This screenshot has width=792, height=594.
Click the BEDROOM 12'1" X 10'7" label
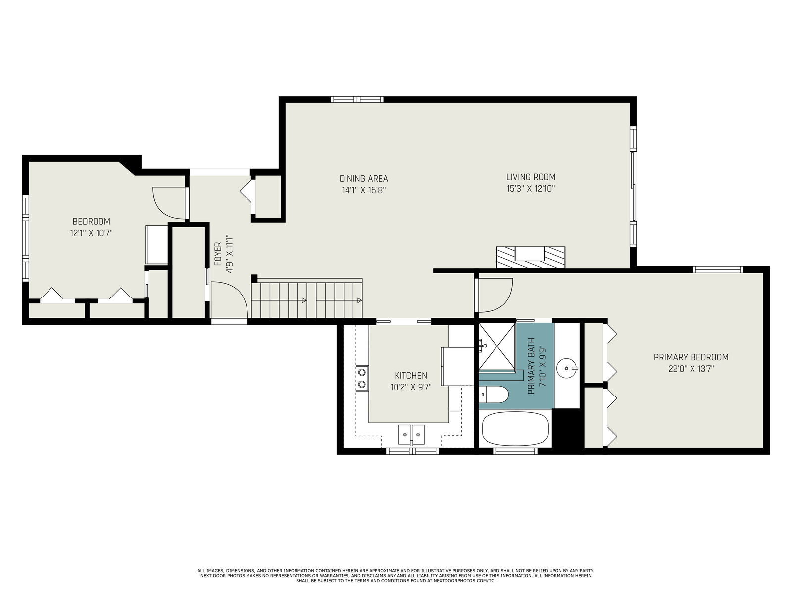(91, 227)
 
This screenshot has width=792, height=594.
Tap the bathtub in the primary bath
(515, 429)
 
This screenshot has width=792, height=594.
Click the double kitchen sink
(411, 434)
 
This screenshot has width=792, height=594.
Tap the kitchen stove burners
(362, 378)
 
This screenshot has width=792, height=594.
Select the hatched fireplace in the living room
(531, 257)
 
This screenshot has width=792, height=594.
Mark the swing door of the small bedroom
(170, 202)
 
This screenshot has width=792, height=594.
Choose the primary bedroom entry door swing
(494, 295)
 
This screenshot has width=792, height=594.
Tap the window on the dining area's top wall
(357, 99)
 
